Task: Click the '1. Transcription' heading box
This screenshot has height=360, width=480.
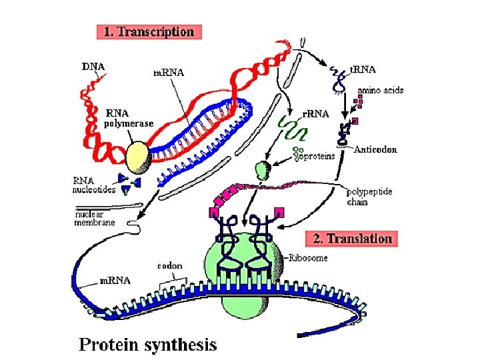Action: point(149,31)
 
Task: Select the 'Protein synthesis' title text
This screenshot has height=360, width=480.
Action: point(148,344)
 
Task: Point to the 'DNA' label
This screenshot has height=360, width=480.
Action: point(93,66)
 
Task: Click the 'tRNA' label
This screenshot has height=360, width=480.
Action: point(363,69)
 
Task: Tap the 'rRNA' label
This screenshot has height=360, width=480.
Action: point(316,113)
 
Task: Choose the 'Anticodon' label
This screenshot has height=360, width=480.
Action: point(375,149)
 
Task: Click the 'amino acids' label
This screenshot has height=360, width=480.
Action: point(380,90)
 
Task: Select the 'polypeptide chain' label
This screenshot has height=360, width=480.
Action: point(370,197)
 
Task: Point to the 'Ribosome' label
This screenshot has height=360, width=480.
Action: point(308,258)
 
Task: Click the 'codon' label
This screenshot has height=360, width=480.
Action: point(169,265)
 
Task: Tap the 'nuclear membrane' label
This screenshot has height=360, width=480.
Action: point(95,219)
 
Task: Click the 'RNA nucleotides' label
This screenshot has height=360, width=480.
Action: point(94,185)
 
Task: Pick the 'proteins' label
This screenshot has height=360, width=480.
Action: point(319,157)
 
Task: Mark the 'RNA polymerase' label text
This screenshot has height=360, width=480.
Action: point(129,118)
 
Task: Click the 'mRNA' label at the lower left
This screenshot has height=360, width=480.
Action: point(115,281)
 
